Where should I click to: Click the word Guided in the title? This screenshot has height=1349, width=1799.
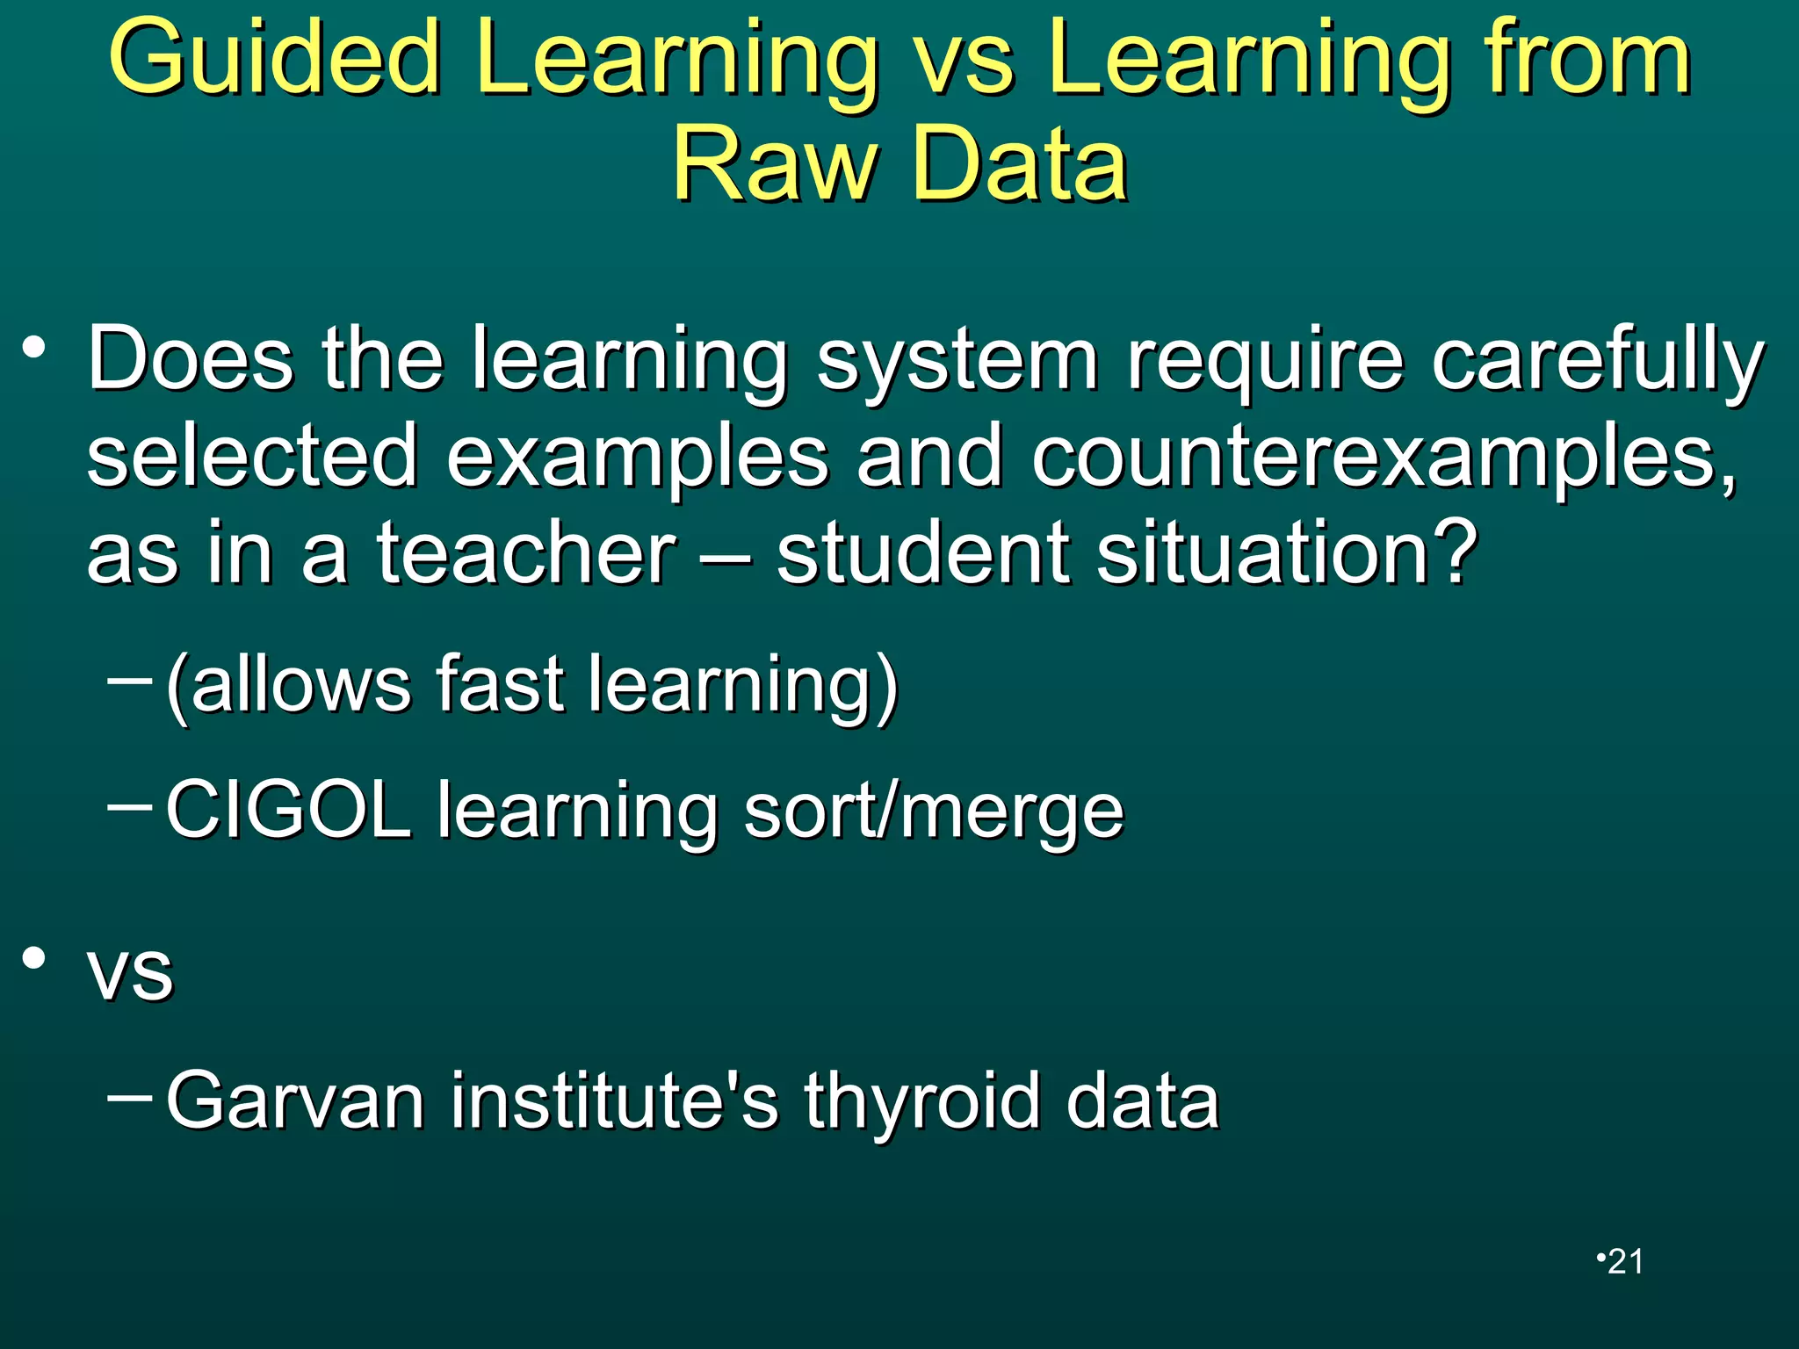click(x=274, y=60)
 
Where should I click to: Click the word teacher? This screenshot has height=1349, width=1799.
click(x=526, y=553)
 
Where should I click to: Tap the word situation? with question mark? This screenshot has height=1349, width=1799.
click(x=1288, y=553)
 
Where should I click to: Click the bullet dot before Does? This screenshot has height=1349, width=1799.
click(x=33, y=350)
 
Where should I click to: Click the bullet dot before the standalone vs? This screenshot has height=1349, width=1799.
click(x=33, y=959)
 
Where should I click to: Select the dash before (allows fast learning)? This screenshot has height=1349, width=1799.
click(x=129, y=679)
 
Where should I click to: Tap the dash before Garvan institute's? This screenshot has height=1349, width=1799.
click(x=129, y=1096)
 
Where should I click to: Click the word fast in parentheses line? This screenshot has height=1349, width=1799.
click(x=499, y=685)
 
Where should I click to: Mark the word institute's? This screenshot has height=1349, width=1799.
click(x=614, y=1101)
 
